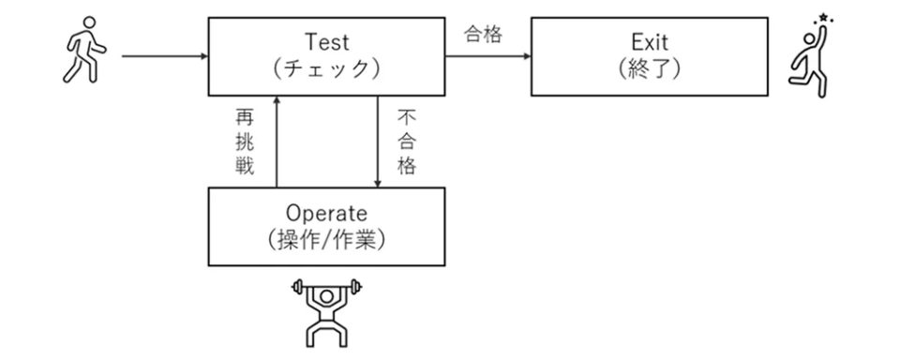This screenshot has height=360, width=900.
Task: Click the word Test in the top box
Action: pos(327,42)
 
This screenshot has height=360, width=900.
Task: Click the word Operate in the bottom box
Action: pos(326,213)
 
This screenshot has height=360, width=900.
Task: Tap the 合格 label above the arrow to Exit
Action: pos(484,36)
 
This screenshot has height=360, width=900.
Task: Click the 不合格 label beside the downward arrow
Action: pos(405,141)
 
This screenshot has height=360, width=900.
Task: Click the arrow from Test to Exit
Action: pos(487,56)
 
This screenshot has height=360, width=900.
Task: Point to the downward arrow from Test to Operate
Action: pos(377,141)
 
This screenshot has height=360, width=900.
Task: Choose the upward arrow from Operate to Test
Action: pos(276,141)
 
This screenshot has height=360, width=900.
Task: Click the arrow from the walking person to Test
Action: pos(164,56)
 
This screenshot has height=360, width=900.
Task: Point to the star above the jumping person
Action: pos(823,17)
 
